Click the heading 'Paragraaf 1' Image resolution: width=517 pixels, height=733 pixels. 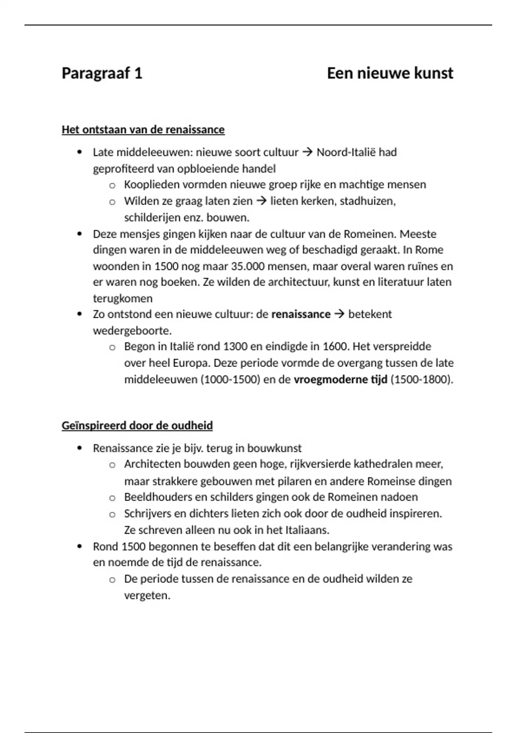tap(102, 73)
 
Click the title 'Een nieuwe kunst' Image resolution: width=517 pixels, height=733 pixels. tap(389, 73)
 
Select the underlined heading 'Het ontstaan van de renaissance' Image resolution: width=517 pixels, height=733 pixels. tap(143, 130)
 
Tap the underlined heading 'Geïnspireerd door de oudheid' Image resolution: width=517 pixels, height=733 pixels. tap(137, 426)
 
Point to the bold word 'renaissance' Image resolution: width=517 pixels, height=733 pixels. tap(301, 314)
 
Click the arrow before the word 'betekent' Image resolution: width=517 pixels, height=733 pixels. tap(339, 314)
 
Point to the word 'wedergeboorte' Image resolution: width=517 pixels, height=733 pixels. tap(131, 331)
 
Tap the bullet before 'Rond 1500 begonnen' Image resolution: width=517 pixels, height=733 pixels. tap(79, 546)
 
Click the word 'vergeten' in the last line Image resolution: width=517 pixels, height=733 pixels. tap(146, 596)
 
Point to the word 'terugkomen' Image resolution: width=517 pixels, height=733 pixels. tap(123, 298)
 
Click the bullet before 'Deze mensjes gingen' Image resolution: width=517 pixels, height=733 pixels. tap(79, 234)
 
